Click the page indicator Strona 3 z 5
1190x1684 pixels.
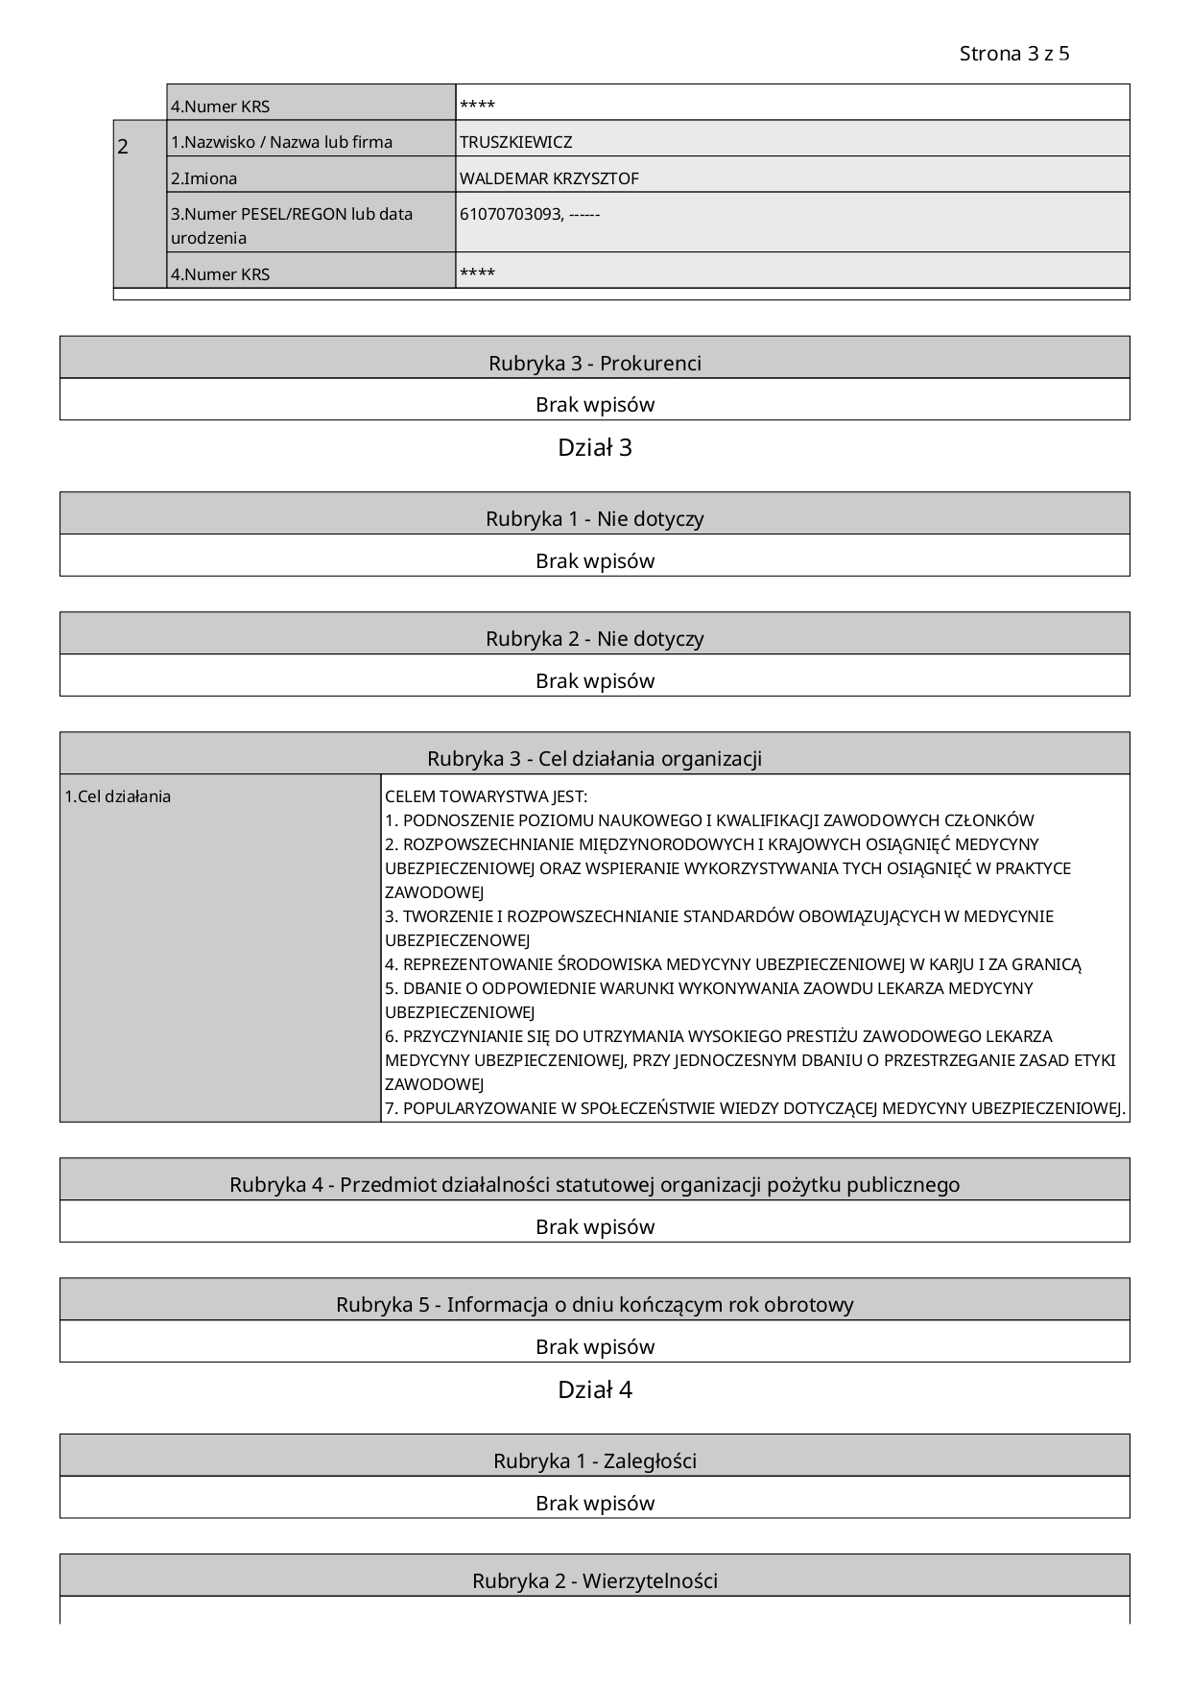click(x=1013, y=54)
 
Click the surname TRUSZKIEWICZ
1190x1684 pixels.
click(x=515, y=142)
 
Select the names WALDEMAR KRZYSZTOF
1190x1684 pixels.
click(x=549, y=178)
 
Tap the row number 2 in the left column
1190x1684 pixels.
click(x=123, y=147)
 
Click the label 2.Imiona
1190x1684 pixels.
click(x=203, y=178)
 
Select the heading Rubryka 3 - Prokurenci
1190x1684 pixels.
click(x=594, y=363)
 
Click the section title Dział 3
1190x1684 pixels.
click(x=594, y=447)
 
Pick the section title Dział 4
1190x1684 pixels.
click(x=594, y=1389)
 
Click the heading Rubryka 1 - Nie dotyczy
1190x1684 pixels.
click(x=594, y=518)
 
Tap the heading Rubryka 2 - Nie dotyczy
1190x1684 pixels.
click(x=594, y=638)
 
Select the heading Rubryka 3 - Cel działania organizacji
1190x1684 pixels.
click(x=594, y=758)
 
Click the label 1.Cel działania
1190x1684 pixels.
click(x=117, y=796)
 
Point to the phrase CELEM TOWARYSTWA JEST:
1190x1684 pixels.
click(x=486, y=796)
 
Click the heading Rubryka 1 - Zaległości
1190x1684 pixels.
click(x=594, y=1460)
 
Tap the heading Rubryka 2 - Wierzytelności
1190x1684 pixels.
click(x=594, y=1580)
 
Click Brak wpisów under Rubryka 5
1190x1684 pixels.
click(x=594, y=1346)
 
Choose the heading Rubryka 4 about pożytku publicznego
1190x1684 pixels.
click(x=594, y=1184)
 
